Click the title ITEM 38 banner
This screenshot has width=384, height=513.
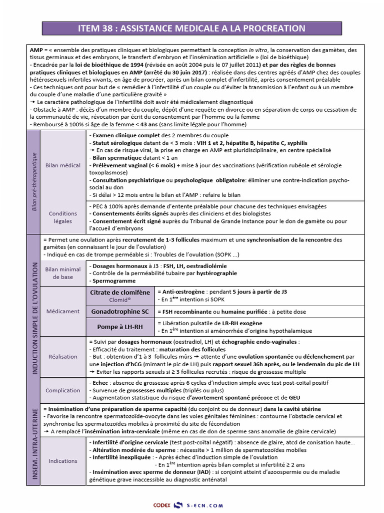tap(191, 28)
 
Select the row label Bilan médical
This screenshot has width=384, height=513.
tap(62, 165)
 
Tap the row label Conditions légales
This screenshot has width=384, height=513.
tap(62, 217)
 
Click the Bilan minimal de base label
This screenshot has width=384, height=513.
tap(62, 273)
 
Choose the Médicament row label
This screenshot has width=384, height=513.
tap(62, 311)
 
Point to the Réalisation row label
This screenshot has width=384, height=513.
tap(62, 357)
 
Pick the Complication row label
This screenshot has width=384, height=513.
tap(62, 390)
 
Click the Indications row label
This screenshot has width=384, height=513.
tap(62, 461)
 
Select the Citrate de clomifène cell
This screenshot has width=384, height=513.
tap(119, 296)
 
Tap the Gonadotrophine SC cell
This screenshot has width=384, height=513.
tap(119, 312)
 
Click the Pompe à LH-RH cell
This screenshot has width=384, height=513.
tap(119, 327)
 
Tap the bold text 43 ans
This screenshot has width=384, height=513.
tap(152, 124)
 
